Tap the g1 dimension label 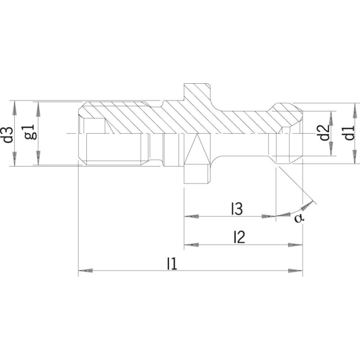click(x=31, y=132)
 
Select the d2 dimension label click(x=324, y=133)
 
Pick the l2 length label click(x=239, y=237)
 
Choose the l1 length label click(x=172, y=264)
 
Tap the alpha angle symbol click(x=299, y=218)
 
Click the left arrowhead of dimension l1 click(x=85, y=270)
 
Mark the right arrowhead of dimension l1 click(x=296, y=270)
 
